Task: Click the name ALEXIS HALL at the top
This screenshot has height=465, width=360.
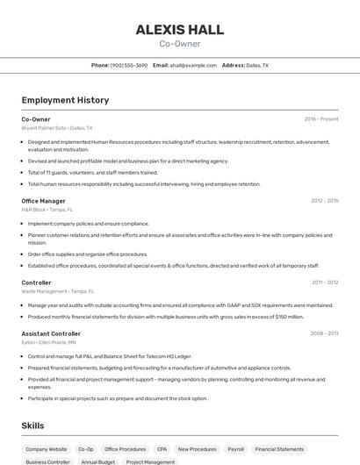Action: point(180,30)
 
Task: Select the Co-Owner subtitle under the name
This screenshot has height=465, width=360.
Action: point(180,44)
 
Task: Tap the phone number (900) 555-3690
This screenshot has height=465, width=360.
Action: point(129,65)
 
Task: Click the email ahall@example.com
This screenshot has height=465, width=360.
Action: point(193,65)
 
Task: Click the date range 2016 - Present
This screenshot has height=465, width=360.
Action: point(320,118)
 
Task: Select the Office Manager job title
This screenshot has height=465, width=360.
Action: point(43,201)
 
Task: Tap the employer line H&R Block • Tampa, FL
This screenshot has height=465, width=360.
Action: point(47,210)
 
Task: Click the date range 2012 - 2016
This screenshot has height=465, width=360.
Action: point(324,201)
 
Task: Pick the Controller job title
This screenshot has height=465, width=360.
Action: point(37,283)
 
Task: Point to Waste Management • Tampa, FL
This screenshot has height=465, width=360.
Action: point(58,291)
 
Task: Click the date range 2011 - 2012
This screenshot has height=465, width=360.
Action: point(325,283)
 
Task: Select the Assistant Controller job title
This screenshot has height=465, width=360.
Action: point(51,333)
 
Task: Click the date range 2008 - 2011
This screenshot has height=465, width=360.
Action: point(324,333)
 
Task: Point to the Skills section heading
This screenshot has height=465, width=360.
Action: point(33,426)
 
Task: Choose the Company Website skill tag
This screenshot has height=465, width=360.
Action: point(46,448)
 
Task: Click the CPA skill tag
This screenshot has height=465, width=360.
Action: point(162,448)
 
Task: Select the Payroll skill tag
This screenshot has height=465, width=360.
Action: point(235,448)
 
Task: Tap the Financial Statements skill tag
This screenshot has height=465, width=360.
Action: point(278,448)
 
